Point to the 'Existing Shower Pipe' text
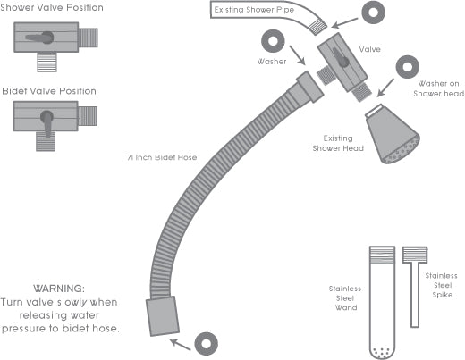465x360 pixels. point(253,11)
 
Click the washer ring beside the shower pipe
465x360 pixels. point(374,14)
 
